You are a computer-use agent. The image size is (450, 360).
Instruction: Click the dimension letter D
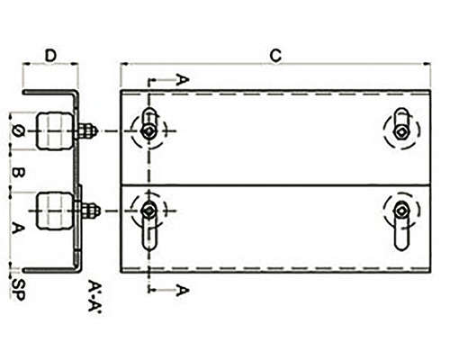pos(50,56)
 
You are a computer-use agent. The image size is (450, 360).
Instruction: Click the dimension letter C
pos(275,56)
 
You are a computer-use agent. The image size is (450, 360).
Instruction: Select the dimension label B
pos(18,172)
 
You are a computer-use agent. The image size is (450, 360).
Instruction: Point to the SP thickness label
pos(18,290)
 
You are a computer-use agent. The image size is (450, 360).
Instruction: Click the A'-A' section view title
pos(94,296)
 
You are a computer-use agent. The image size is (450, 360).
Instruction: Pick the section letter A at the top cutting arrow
pos(183,80)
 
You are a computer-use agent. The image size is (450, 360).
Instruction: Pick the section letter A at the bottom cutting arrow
pos(183,291)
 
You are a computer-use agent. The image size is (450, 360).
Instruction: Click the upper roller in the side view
pos(55,131)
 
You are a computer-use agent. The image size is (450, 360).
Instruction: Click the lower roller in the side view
pos(55,211)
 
